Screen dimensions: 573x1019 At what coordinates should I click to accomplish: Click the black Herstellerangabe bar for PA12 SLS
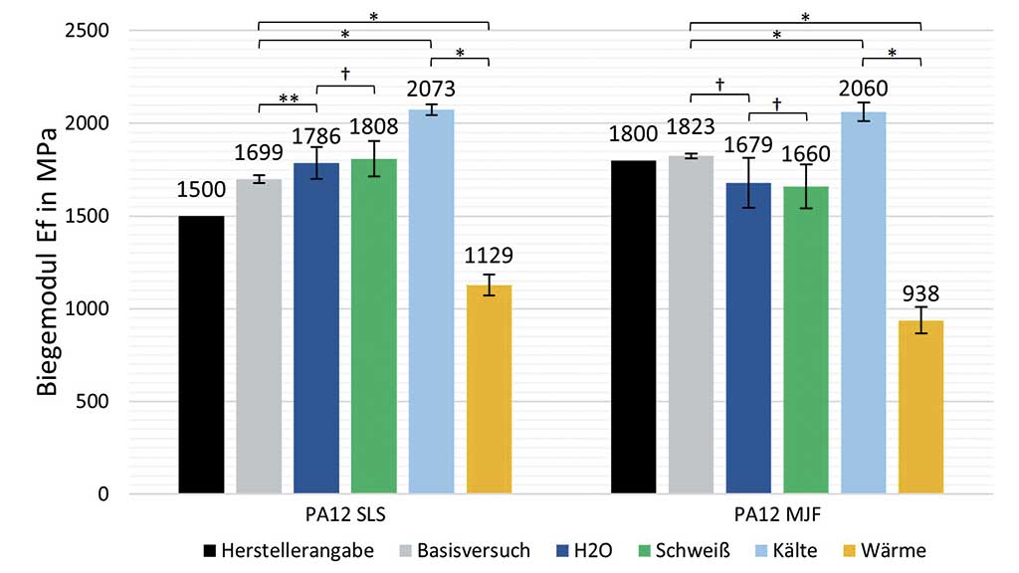(201, 354)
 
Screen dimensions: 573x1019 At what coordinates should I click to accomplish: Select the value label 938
(920, 294)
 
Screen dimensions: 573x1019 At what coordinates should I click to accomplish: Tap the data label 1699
(258, 152)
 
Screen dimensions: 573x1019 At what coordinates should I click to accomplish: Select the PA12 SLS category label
(344, 516)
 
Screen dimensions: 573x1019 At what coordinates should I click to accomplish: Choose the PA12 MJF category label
(776, 516)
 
